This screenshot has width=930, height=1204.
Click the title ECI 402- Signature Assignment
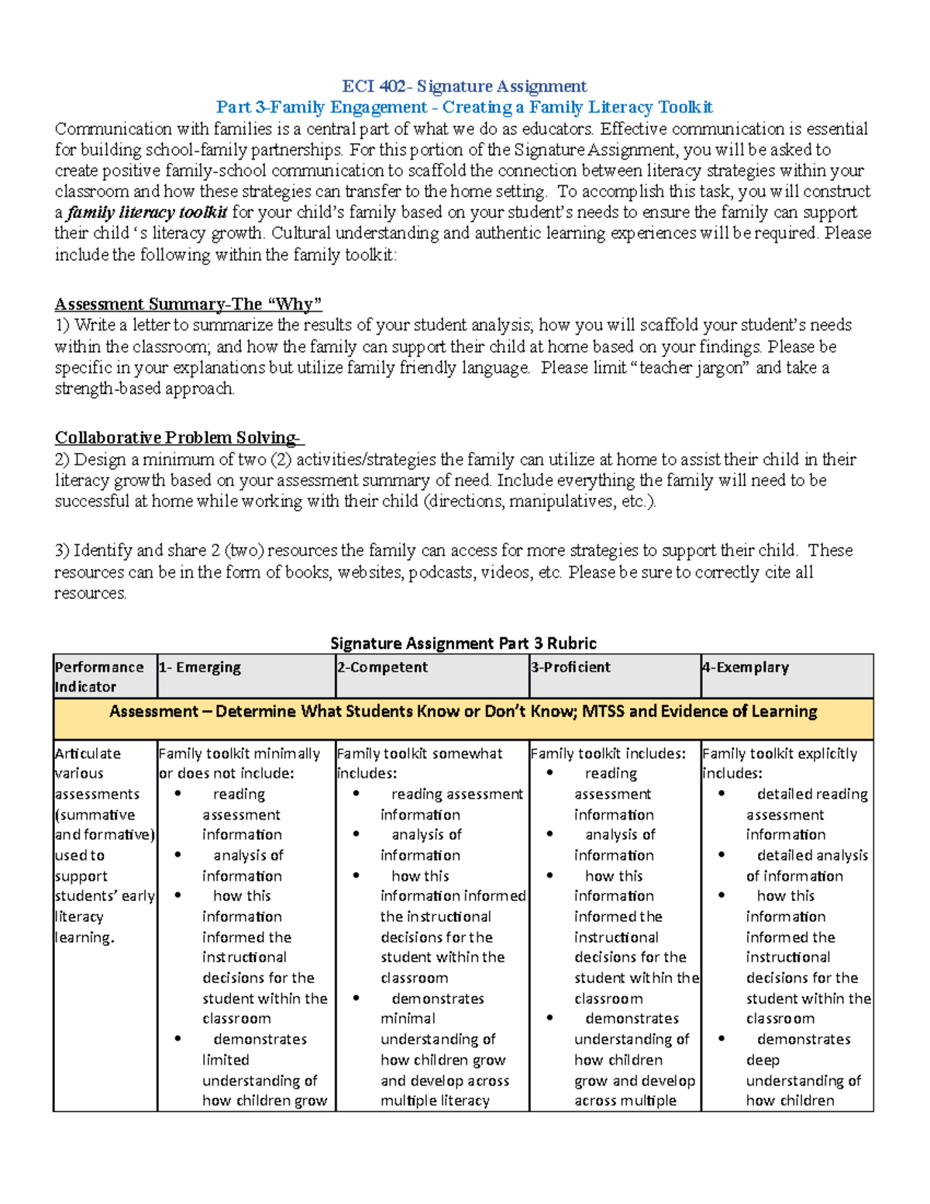tap(464, 86)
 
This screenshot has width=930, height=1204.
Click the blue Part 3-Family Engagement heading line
tap(464, 107)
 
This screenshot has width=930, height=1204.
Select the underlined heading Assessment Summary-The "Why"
tap(188, 304)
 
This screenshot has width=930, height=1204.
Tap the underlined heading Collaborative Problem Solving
tap(179, 438)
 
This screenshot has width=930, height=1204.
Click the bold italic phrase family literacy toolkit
tap(147, 212)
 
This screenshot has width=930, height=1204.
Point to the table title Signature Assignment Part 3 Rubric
tap(463, 643)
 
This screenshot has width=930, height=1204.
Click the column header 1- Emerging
tap(200, 668)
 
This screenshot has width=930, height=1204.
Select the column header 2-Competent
tap(382, 668)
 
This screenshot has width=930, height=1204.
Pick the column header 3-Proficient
tap(570, 668)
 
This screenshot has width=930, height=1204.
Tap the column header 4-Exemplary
tap(746, 668)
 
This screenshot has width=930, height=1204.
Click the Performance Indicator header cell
tap(99, 677)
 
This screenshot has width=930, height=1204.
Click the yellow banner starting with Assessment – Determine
tap(463, 712)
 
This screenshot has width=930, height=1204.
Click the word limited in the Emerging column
tap(226, 1060)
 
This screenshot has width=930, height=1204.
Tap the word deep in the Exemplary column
tap(763, 1060)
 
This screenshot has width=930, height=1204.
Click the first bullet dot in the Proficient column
tap(549, 773)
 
